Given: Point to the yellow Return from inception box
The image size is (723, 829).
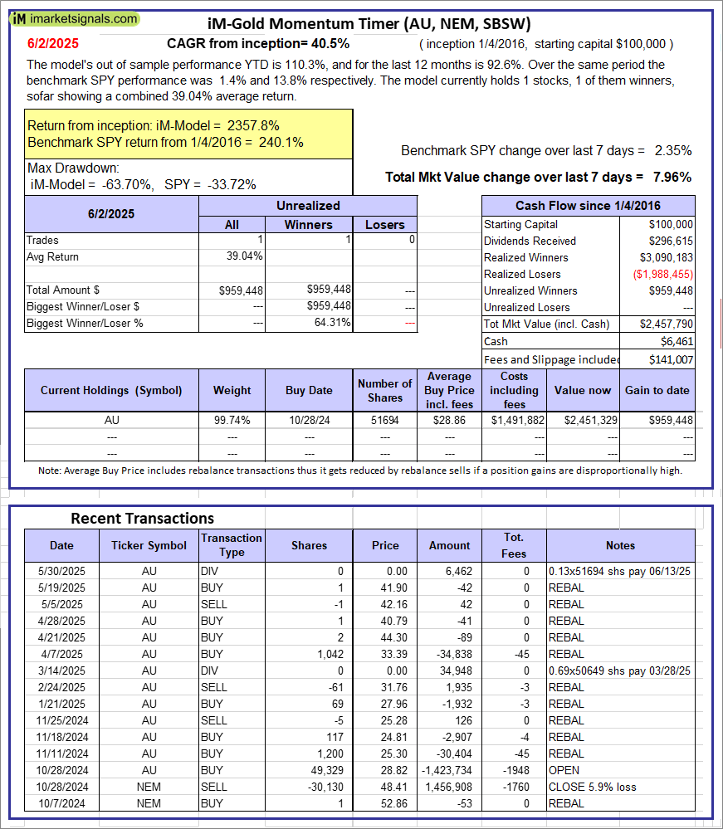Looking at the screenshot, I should [x=189, y=134].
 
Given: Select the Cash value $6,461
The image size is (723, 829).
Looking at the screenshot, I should [x=677, y=341].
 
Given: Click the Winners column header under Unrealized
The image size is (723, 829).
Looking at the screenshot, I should [x=308, y=224].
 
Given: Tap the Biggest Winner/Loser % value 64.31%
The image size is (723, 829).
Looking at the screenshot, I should [x=334, y=324].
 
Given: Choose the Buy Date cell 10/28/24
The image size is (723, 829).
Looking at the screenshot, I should [x=310, y=421].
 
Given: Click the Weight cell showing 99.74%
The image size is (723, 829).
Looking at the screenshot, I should [x=232, y=421].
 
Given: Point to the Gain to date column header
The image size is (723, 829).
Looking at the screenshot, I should [x=658, y=390].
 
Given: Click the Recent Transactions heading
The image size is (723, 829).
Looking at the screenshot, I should [x=142, y=518].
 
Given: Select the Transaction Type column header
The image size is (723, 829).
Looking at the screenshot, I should [x=232, y=545].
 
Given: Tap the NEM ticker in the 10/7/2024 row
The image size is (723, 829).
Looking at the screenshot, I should [x=149, y=803].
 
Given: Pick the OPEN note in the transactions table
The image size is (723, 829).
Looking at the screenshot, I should [x=564, y=770].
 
